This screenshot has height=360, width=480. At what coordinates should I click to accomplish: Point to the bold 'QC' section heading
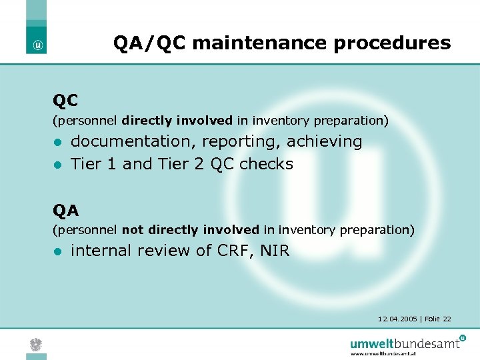66,101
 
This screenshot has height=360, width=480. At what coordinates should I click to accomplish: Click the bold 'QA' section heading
66,211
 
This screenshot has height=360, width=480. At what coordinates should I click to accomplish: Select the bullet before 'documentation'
58,143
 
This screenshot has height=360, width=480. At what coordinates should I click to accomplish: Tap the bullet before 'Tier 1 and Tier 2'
58,165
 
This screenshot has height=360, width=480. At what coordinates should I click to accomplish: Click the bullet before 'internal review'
58,251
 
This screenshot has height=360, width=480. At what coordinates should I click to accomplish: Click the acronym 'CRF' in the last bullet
233,251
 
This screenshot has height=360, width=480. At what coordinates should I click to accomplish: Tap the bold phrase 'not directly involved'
191,230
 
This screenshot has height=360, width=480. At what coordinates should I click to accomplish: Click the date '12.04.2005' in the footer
397,319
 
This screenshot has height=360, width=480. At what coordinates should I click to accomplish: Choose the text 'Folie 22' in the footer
437,319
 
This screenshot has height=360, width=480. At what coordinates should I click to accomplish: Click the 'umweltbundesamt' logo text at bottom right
405,343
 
